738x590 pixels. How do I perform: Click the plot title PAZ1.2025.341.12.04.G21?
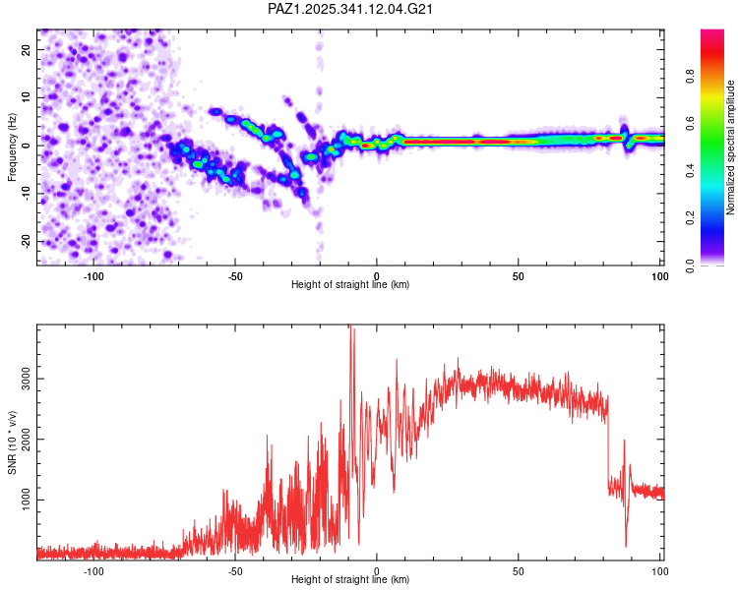[x=350, y=10]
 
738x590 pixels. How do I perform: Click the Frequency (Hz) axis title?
[x=13, y=147]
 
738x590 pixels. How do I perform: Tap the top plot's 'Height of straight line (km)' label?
[x=350, y=285]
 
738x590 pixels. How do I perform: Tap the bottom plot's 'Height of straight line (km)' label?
[x=350, y=580]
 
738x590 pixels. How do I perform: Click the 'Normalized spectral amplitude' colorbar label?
[x=730, y=147]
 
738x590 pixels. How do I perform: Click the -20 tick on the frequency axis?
[x=25, y=241]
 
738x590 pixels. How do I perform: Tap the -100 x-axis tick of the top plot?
[x=93, y=274]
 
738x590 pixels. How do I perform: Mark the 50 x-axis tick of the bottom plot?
[x=518, y=569]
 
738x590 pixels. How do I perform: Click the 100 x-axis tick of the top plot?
[x=658, y=274]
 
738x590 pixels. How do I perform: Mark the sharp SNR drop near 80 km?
[x=608, y=442]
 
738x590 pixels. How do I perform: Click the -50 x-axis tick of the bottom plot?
[x=235, y=569]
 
